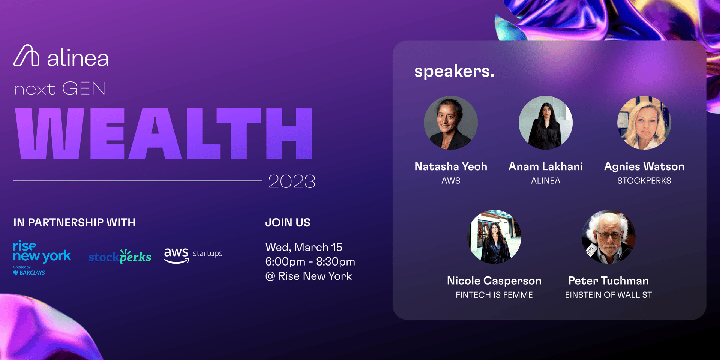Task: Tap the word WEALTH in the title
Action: (x=164, y=133)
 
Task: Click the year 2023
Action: (x=292, y=181)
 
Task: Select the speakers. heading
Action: (x=454, y=71)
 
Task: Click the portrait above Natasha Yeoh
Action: (x=451, y=123)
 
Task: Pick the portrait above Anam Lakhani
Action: (x=546, y=123)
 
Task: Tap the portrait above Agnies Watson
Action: (x=644, y=123)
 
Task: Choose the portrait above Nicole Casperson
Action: (x=494, y=237)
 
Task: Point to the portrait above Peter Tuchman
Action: (x=608, y=237)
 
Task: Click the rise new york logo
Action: (x=42, y=257)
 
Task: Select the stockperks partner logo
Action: (x=120, y=256)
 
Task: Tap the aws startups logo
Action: (x=193, y=255)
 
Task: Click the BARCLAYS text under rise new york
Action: (x=32, y=273)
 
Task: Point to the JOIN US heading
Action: (x=288, y=223)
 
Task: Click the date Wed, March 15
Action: (x=304, y=247)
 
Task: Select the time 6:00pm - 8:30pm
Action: (x=310, y=262)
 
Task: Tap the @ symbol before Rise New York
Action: (x=270, y=277)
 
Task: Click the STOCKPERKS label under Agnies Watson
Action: (x=644, y=181)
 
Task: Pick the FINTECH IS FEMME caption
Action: (x=494, y=295)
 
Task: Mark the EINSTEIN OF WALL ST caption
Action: (x=608, y=295)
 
